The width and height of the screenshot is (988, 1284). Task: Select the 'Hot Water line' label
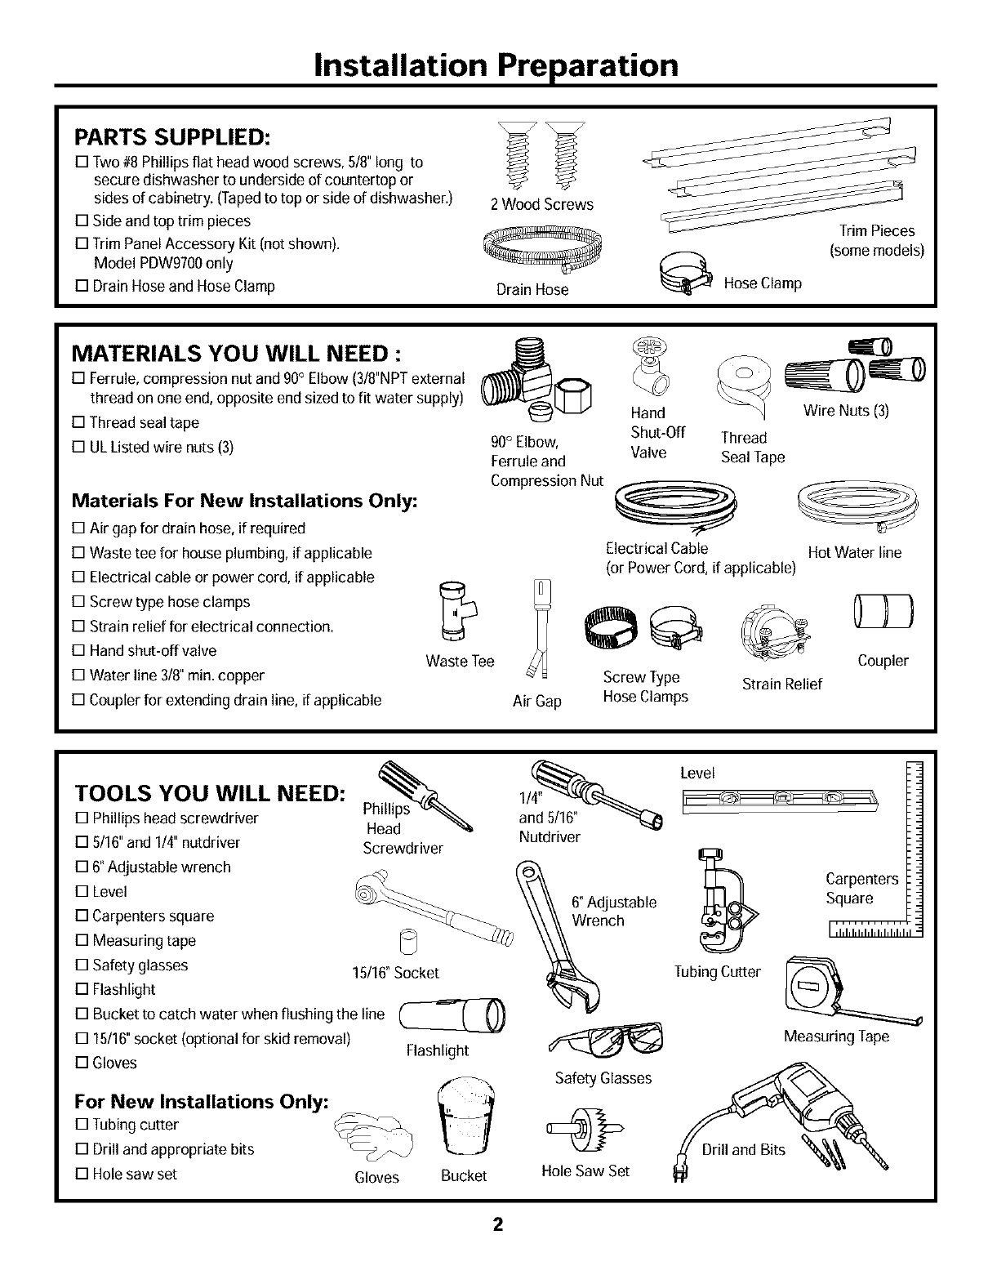(854, 553)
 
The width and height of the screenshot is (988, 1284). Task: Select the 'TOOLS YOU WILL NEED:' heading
(209, 794)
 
